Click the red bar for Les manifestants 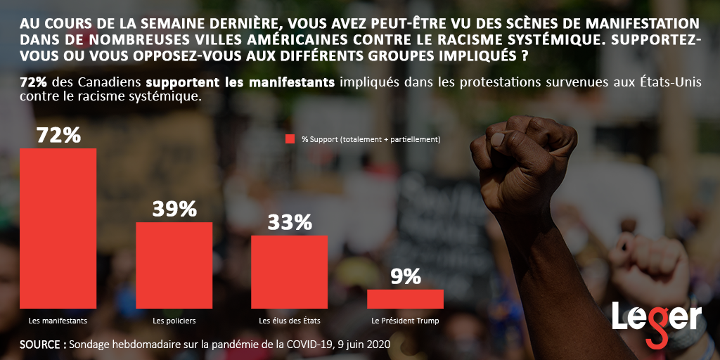click(x=58, y=229)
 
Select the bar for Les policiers click(x=174, y=265)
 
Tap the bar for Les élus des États click(x=289, y=271)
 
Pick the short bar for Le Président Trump click(x=405, y=299)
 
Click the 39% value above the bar click(x=174, y=209)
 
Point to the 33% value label click(x=289, y=222)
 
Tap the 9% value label click(x=405, y=276)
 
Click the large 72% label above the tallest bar click(x=58, y=134)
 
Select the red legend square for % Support click(x=290, y=139)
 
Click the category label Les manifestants click(x=58, y=321)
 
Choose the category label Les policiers click(x=174, y=321)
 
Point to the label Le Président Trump click(x=405, y=321)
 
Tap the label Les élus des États click(x=289, y=321)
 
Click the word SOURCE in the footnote click(x=43, y=345)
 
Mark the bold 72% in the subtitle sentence click(x=34, y=82)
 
